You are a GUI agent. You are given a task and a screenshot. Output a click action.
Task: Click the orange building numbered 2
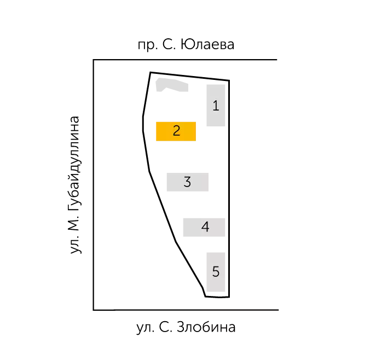(x=176, y=131)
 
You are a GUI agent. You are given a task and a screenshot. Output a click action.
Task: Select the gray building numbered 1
(x=216, y=105)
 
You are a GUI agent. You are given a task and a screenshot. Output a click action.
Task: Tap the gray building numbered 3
(x=188, y=182)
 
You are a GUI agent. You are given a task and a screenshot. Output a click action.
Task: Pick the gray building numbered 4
(x=204, y=227)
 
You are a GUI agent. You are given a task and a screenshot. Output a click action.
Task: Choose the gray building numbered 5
(x=216, y=272)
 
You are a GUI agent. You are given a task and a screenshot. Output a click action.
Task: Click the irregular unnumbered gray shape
(x=171, y=84)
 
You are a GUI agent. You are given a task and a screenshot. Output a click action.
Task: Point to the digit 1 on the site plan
(x=216, y=106)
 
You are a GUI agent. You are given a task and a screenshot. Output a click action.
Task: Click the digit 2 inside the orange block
(x=176, y=131)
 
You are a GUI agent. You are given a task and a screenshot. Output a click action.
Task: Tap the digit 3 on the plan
(x=187, y=182)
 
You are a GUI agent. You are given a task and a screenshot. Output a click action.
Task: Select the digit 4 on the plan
(x=205, y=227)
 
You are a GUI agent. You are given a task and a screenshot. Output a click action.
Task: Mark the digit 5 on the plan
(x=216, y=271)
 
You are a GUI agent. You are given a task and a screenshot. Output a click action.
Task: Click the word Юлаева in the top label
(x=207, y=44)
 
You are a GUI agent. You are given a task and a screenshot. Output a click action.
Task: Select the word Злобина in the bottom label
(x=206, y=327)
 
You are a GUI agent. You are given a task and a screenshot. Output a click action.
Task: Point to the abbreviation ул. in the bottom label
(x=146, y=328)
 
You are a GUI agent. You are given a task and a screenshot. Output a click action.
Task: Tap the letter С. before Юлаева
(x=169, y=44)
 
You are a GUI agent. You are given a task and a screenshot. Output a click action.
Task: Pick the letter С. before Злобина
(x=166, y=327)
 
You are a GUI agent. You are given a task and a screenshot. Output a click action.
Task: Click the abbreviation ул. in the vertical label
(x=76, y=245)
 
